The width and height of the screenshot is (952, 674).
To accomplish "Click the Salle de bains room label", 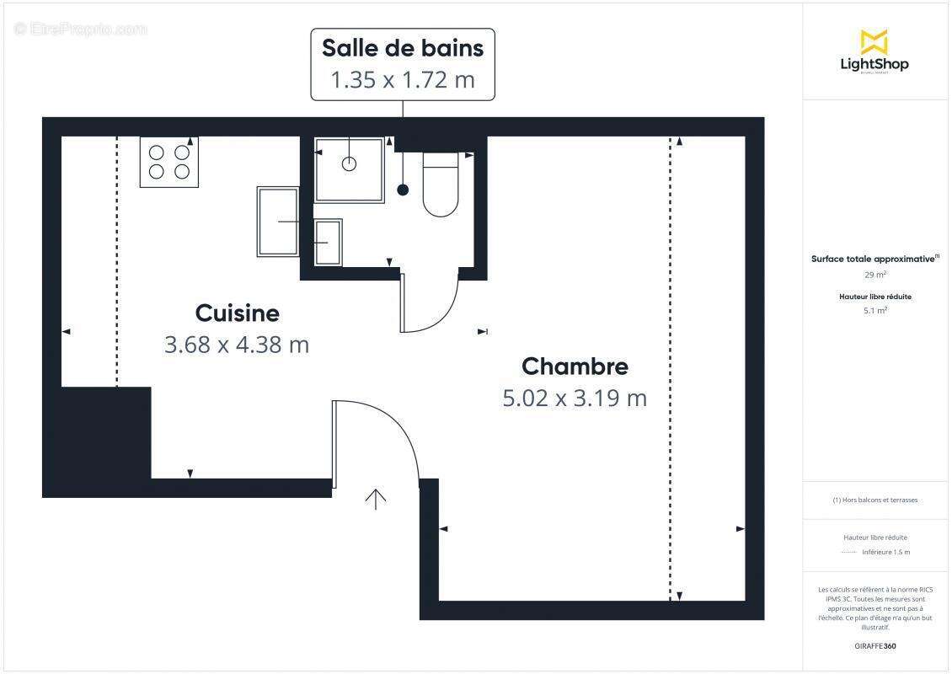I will [403, 48].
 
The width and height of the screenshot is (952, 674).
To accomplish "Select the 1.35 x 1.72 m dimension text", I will [403, 80].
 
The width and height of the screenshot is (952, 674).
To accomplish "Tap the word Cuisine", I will [237, 313].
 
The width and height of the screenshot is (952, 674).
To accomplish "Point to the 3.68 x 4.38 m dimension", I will [237, 345].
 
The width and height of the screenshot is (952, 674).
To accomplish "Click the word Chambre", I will [575, 366].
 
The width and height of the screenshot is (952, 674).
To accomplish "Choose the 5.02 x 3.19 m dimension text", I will [575, 398].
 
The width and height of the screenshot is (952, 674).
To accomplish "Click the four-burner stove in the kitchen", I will [169, 162].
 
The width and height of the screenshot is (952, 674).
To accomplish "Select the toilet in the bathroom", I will [440, 185].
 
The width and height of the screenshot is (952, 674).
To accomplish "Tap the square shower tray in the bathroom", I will [349, 170].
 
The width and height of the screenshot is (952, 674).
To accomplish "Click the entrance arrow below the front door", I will [375, 499].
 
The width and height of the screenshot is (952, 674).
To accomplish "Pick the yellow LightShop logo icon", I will [874, 42].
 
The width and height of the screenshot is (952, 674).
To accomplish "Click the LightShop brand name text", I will [874, 64].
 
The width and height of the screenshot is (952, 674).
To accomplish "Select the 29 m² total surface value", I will [874, 275].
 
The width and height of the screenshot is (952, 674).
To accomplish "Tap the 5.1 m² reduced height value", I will [874, 310].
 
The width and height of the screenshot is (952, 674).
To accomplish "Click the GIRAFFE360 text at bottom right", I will [874, 646].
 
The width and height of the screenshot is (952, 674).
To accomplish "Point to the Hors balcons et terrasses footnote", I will [874, 500].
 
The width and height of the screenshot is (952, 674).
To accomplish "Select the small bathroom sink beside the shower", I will [328, 242].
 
